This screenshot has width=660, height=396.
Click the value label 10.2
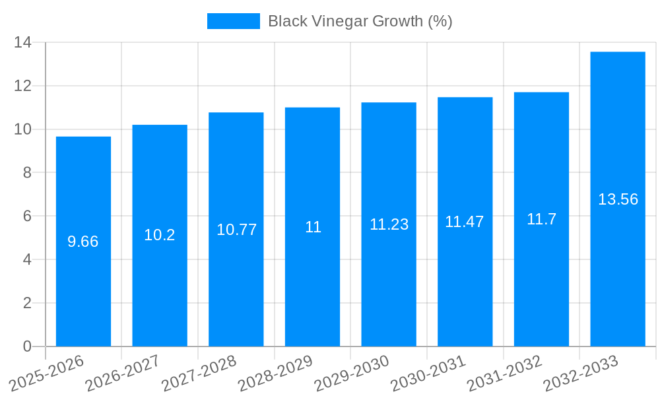point(160,235)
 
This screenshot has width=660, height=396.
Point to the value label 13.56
point(618,199)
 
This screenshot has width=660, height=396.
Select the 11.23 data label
point(389,224)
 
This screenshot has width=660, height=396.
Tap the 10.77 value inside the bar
point(236,230)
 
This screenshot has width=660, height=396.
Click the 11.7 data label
point(541,219)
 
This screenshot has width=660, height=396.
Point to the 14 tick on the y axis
point(23,43)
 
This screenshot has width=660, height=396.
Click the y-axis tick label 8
point(27,173)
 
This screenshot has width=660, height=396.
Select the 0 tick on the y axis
point(27,346)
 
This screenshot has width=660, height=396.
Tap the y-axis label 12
point(23,86)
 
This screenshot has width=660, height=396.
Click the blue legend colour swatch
point(233,21)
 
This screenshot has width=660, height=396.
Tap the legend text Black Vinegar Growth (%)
point(360,21)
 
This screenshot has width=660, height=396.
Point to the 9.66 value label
point(83,242)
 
